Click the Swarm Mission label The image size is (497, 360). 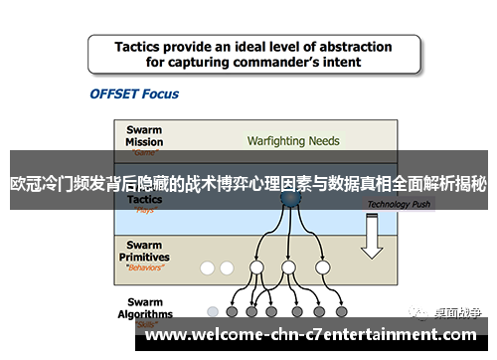[x=145, y=135]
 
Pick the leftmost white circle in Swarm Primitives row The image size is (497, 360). [x=207, y=268]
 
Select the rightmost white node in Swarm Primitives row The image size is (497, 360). [x=321, y=268]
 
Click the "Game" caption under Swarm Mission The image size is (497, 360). [x=145, y=154]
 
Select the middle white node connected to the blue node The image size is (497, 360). [x=288, y=268]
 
